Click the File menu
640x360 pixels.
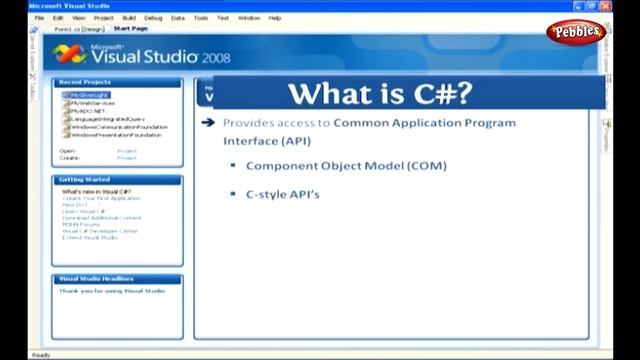click(x=40, y=18)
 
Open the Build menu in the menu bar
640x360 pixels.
click(x=129, y=18)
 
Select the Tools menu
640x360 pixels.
click(x=202, y=18)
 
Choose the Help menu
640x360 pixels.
click(x=275, y=18)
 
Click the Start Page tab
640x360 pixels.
click(x=130, y=28)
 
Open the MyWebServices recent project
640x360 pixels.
click(x=93, y=103)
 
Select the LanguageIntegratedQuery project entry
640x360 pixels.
click(x=106, y=118)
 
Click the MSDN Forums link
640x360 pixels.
click(x=83, y=224)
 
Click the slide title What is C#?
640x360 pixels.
click(x=380, y=93)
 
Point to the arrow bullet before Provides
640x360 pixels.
click(x=208, y=123)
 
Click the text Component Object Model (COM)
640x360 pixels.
click(x=346, y=166)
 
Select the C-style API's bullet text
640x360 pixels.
click(x=283, y=194)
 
